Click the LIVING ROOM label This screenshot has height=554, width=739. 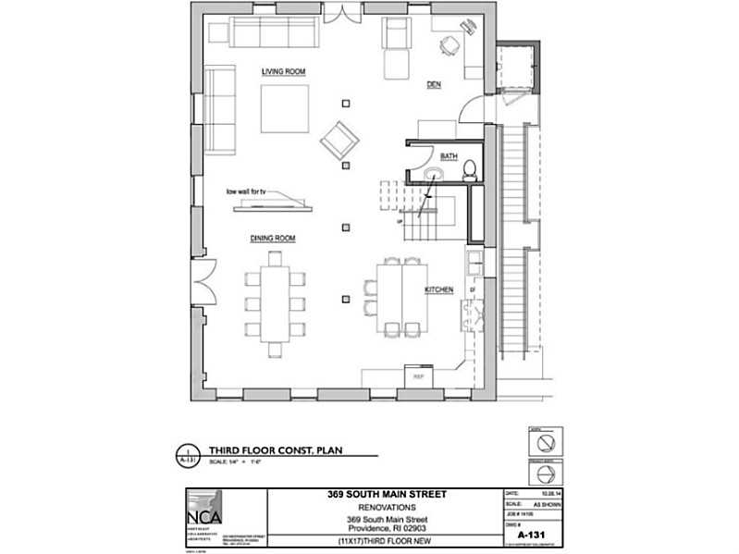tap(283, 71)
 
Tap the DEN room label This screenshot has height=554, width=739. tap(433, 84)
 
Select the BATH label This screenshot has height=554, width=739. tap(449, 156)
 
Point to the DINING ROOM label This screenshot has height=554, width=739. tap(272, 239)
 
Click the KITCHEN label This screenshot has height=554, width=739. tap(438, 290)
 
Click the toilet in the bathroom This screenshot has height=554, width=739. tap(469, 169)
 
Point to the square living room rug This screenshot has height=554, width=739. tap(284, 109)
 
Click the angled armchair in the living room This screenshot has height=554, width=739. tap(339, 141)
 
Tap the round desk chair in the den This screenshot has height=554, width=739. tap(449, 44)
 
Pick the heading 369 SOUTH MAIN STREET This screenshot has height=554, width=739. tap(388, 495)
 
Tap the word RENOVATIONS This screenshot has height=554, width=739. tap(388, 508)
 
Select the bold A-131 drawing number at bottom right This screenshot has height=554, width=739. tap(529, 535)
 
